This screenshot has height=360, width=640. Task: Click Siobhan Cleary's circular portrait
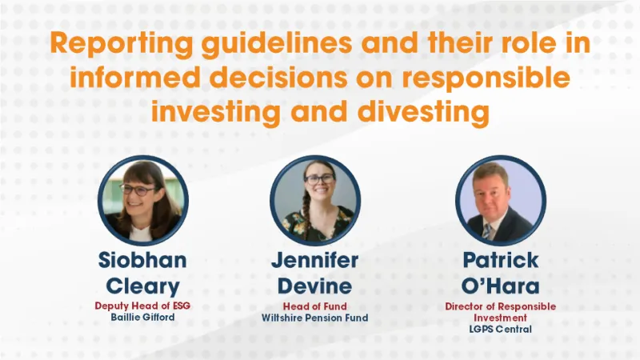tap(143, 200)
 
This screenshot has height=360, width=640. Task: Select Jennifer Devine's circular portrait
tap(314, 200)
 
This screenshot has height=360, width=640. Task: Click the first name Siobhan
tap(142, 260)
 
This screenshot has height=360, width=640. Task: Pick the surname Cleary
tap(142, 286)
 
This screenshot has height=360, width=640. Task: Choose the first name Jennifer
tap(314, 260)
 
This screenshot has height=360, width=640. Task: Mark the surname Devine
tap(314, 286)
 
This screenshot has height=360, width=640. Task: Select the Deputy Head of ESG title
tap(142, 306)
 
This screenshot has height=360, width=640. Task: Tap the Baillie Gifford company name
tap(142, 317)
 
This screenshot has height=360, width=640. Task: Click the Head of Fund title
tap(314, 306)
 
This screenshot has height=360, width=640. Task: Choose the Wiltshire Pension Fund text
tap(314, 317)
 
